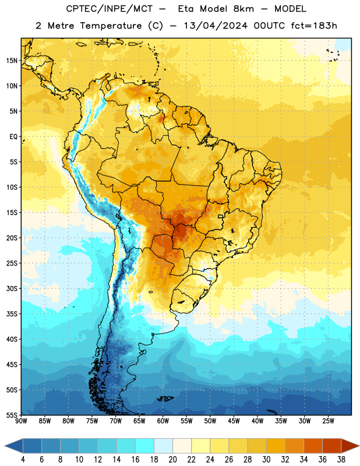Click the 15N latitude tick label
pos(12,61)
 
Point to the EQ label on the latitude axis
pos(13,137)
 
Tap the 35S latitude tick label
pos(12,314)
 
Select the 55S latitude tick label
pos(12,415)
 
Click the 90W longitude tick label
pos(21,421)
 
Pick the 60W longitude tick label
pos(163,421)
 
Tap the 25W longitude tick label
pos(328,421)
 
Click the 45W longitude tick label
pos(234,421)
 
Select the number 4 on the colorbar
pos(23,460)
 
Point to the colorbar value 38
pos(341,460)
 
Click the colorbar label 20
pos(172,460)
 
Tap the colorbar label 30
pos(266,460)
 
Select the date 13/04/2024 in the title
pos(216,26)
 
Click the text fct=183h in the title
pos(314,26)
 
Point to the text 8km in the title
pos(243,9)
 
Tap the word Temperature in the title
pos(111,26)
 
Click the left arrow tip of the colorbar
pos(5,446)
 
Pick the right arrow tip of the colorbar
pos(359,446)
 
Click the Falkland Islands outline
pos(165,398)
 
